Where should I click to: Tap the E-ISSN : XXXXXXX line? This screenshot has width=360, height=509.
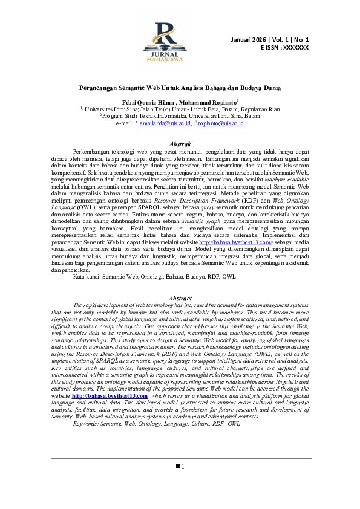pos(284,47)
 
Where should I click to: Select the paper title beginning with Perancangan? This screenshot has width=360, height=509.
pos(180,87)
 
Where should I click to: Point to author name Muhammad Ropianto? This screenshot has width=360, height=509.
pos(208,102)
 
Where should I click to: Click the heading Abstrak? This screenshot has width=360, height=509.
pos(180,143)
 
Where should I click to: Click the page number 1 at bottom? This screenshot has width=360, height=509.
pos(182,466)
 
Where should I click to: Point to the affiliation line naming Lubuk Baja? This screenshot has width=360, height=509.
pos(180,109)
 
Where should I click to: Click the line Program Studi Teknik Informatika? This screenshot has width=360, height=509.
pos(180,115)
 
